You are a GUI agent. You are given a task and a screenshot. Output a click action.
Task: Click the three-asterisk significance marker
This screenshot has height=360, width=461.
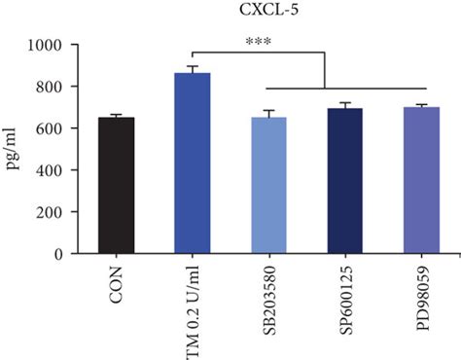pyautogui.click(x=259, y=43)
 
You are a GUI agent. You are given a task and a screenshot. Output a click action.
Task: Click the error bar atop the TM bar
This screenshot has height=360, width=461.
pyautogui.click(x=192, y=68)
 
